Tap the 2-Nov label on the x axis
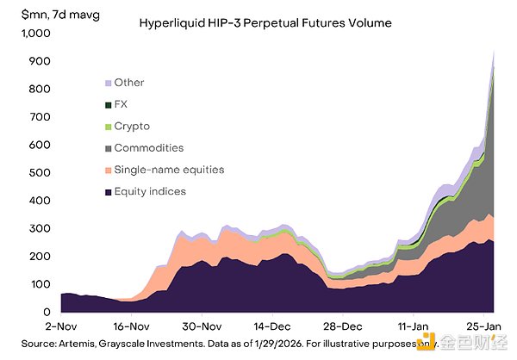pyautogui.click(x=62, y=327)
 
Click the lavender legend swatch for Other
pyautogui.click(x=108, y=84)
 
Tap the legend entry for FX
pyautogui.click(x=121, y=105)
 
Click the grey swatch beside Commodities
pyautogui.click(x=108, y=149)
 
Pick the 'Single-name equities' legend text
pyautogui.click(x=168, y=171)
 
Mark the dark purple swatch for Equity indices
pyautogui.click(x=108, y=192)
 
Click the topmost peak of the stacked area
pyautogui.click(x=494, y=52)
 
